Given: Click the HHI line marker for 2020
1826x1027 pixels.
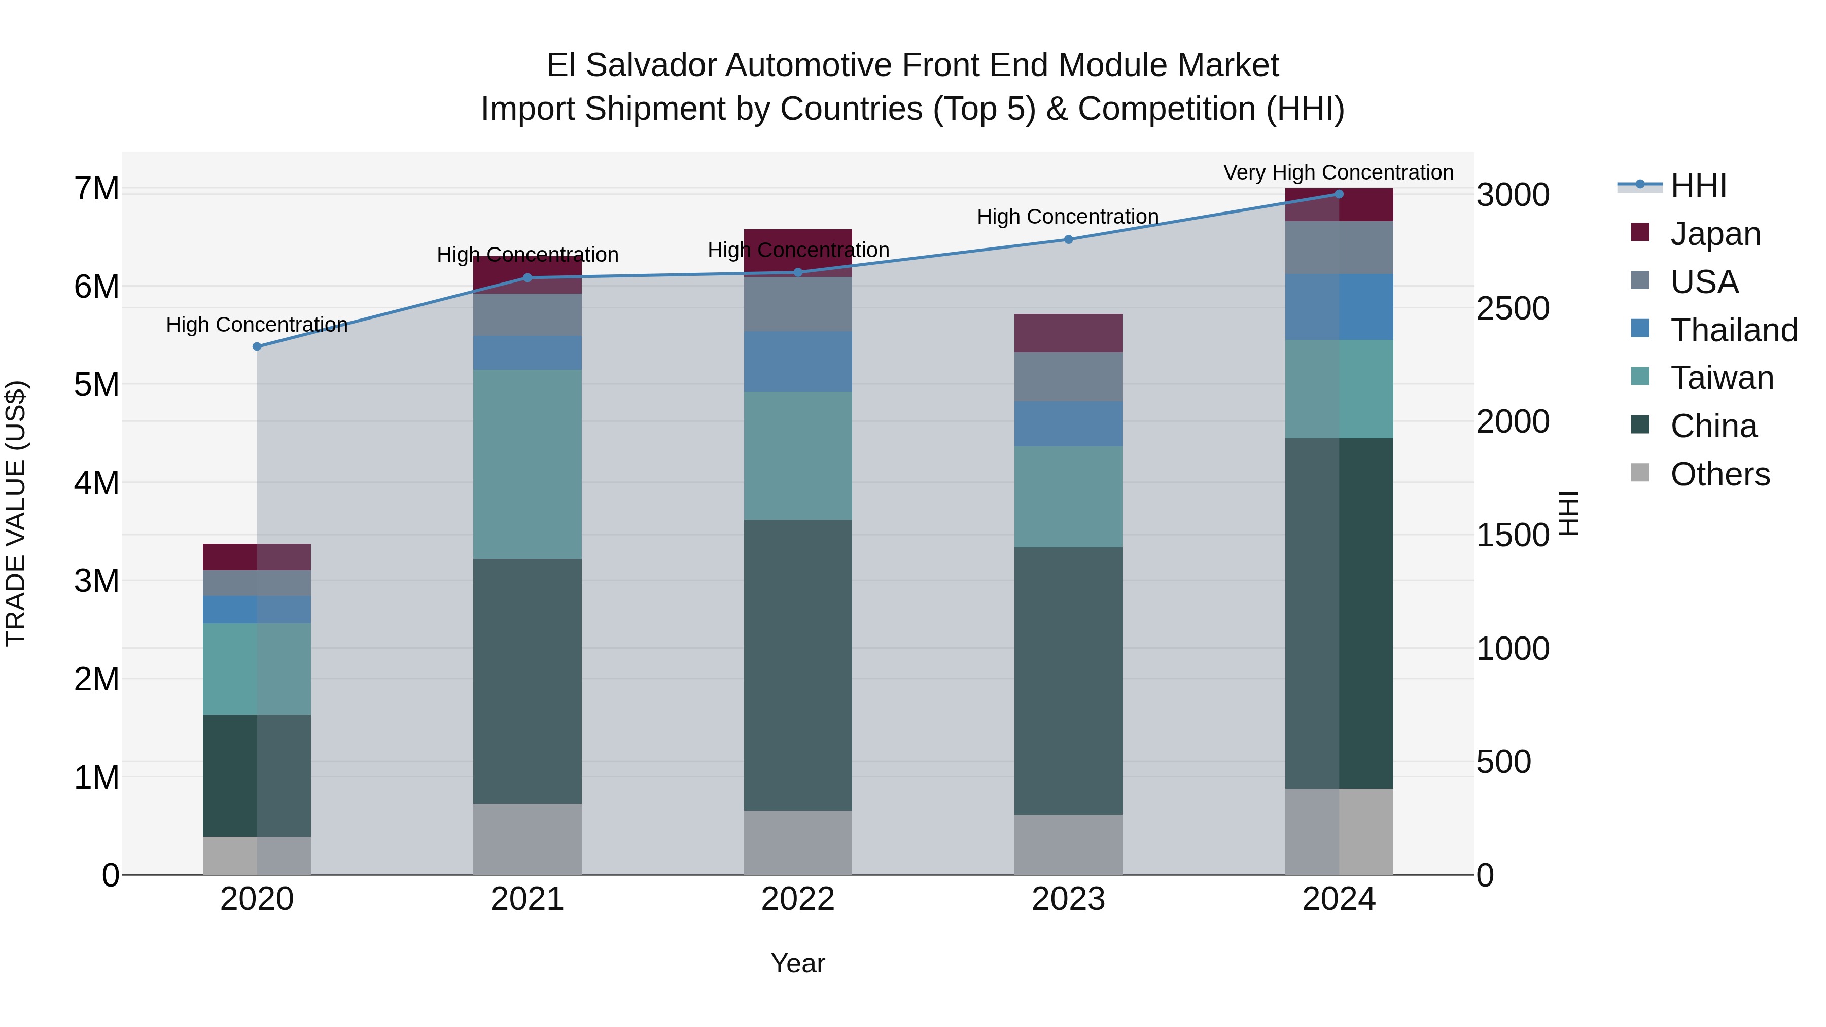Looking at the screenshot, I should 257,346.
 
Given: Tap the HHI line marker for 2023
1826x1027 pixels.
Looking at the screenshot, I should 1069,239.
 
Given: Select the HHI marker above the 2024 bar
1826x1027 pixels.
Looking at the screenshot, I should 1339,194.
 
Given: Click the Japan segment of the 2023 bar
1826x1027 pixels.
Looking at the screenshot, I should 1068,333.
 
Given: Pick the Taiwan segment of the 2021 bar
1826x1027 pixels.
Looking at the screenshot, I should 528,464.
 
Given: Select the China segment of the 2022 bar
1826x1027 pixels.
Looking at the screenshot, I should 797,665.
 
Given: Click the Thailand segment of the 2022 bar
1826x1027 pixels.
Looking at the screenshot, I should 797,362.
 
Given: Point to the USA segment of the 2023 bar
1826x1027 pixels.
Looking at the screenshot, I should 1068,377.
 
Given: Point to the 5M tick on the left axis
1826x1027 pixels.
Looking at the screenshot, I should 96,385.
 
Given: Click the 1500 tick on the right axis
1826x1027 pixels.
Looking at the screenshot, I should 1513,536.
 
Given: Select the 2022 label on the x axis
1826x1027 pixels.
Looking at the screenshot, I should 797,899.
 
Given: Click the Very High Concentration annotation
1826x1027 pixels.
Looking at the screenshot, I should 1339,172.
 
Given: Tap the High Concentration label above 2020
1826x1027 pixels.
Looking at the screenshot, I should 257,325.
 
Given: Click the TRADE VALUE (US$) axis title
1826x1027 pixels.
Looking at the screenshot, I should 16,513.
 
